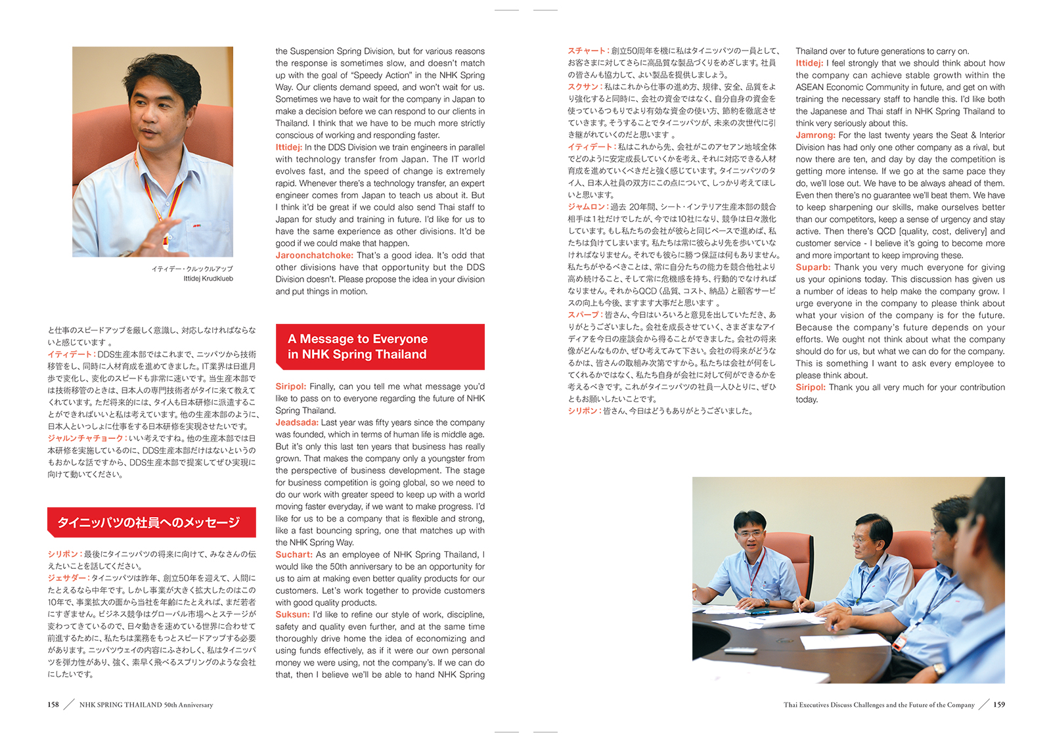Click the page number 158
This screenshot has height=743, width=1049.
(x=53, y=705)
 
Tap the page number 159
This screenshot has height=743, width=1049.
(x=998, y=705)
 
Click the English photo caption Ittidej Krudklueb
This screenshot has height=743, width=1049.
(x=208, y=279)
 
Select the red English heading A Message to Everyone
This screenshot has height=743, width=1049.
(x=357, y=339)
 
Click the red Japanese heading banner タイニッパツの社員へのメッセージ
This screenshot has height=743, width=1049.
(x=149, y=523)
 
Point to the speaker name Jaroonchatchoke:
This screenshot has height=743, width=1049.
(x=314, y=256)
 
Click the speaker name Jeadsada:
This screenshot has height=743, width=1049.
(x=296, y=423)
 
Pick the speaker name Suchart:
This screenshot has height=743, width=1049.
(x=294, y=555)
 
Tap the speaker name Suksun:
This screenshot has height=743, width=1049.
(x=292, y=615)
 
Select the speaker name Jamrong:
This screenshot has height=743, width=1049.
(x=815, y=135)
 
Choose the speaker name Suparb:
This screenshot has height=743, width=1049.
(x=813, y=267)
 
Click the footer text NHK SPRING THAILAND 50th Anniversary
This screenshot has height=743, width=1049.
(x=146, y=705)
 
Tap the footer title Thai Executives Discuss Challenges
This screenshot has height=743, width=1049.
(x=878, y=705)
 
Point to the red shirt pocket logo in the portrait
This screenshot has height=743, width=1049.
(x=196, y=225)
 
